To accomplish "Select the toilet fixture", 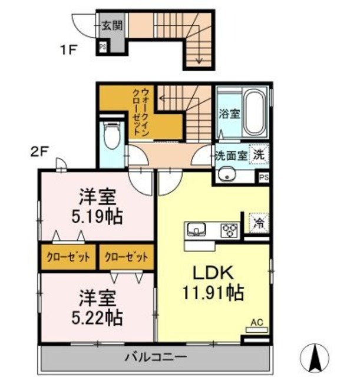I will [x=110, y=134].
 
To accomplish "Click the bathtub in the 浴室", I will [x=255, y=112].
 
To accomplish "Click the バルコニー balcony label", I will [x=156, y=356].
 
